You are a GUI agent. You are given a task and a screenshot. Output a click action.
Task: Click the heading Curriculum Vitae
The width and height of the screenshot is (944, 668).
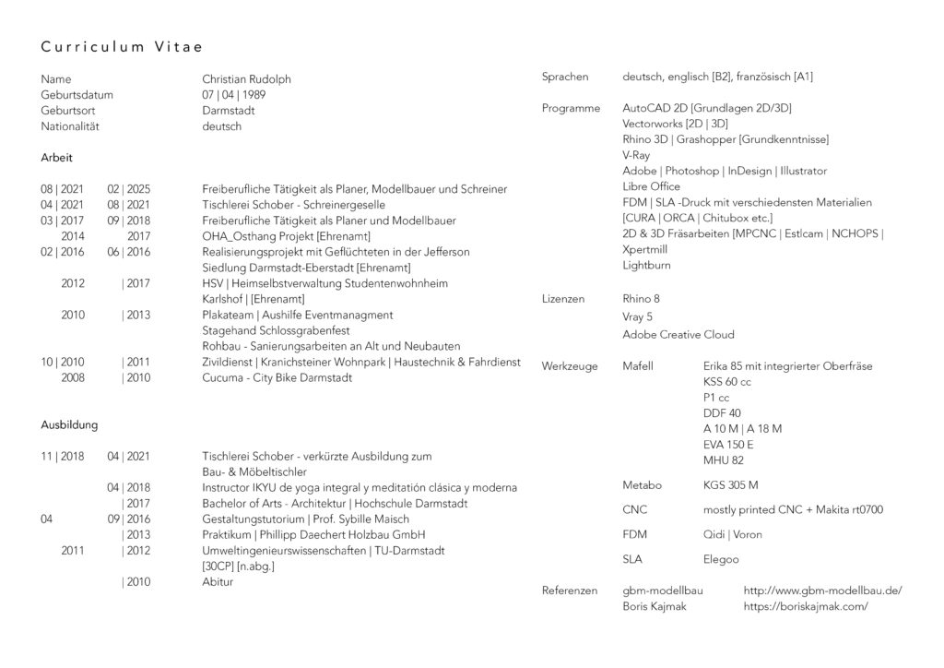(x=122, y=46)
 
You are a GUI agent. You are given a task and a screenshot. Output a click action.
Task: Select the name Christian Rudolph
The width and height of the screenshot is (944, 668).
(x=246, y=79)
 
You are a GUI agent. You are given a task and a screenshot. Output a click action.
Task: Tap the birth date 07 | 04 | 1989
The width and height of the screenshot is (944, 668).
(x=235, y=95)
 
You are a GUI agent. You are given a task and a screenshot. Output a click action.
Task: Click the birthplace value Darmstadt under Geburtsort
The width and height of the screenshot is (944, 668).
(x=229, y=111)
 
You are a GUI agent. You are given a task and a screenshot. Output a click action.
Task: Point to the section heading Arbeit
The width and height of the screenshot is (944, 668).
(x=56, y=158)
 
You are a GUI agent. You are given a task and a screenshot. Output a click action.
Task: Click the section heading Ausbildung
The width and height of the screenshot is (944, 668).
(x=69, y=425)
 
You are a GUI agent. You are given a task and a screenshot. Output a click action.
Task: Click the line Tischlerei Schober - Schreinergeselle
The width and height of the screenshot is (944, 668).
(x=293, y=205)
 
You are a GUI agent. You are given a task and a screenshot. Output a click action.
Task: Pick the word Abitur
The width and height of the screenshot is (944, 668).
(x=218, y=582)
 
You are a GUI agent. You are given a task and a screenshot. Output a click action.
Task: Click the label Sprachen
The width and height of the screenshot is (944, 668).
(x=564, y=77)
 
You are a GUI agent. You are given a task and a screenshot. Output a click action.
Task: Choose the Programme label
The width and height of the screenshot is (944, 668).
(x=571, y=108)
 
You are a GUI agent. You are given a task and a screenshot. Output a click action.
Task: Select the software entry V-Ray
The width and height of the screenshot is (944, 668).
(x=636, y=155)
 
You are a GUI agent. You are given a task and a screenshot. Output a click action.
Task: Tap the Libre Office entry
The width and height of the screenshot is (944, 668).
(x=651, y=186)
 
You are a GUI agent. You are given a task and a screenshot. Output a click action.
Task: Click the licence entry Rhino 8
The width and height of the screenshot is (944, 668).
(x=641, y=299)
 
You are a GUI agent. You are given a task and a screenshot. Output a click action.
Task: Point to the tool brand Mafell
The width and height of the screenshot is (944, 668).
(x=638, y=366)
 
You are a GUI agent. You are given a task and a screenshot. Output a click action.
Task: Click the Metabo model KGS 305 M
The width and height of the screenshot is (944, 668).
(x=731, y=484)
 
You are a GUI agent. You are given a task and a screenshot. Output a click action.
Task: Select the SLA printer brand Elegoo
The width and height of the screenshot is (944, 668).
(x=721, y=559)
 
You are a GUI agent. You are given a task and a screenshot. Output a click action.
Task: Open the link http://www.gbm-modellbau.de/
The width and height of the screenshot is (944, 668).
(x=822, y=590)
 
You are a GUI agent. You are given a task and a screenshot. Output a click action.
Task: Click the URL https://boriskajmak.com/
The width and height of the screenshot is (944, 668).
(x=806, y=606)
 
